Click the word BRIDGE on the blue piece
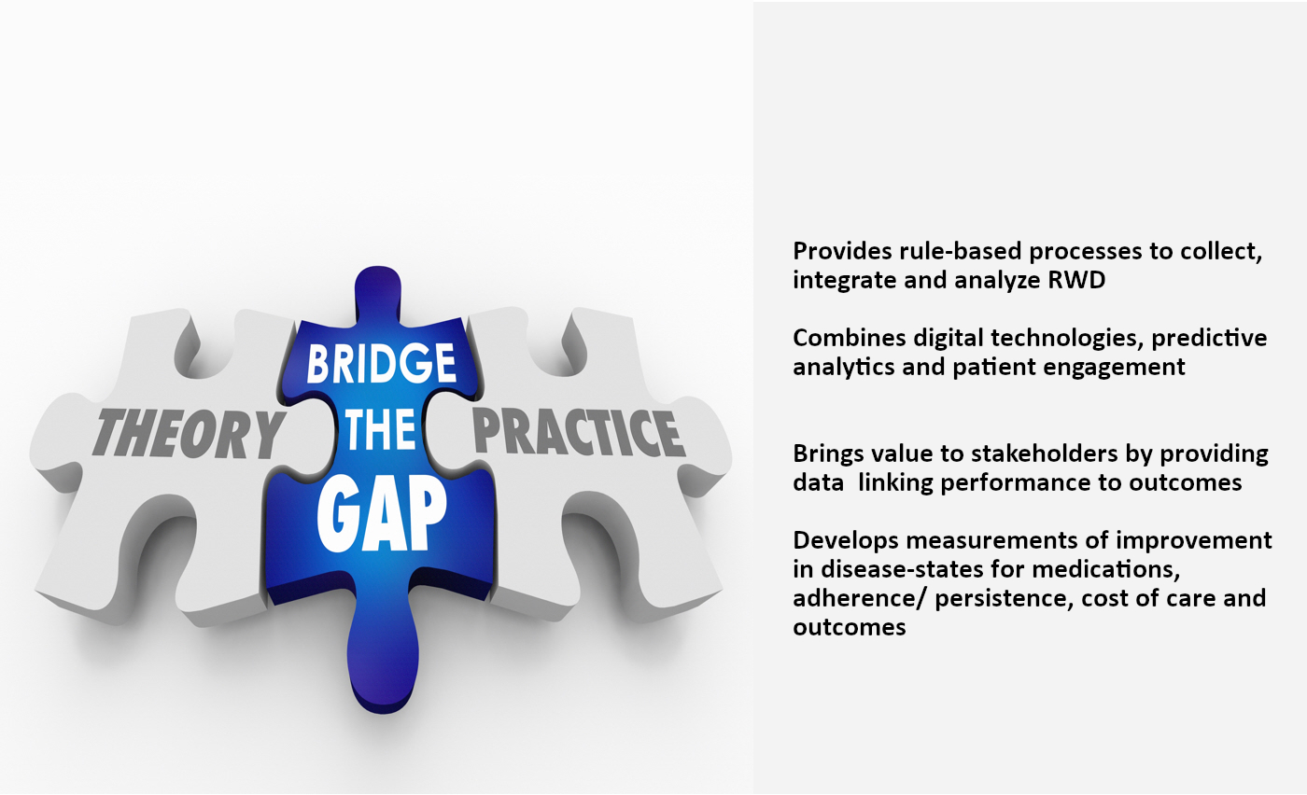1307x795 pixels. click(x=381, y=363)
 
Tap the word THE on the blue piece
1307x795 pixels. click(x=381, y=430)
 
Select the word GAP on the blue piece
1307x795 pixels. click(x=382, y=513)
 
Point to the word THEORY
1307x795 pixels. click(x=189, y=433)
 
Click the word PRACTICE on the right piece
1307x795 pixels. click(x=578, y=432)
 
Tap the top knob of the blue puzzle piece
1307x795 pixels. click(x=378, y=292)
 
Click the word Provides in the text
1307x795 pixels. click(x=842, y=251)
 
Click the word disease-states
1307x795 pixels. click(x=903, y=568)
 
